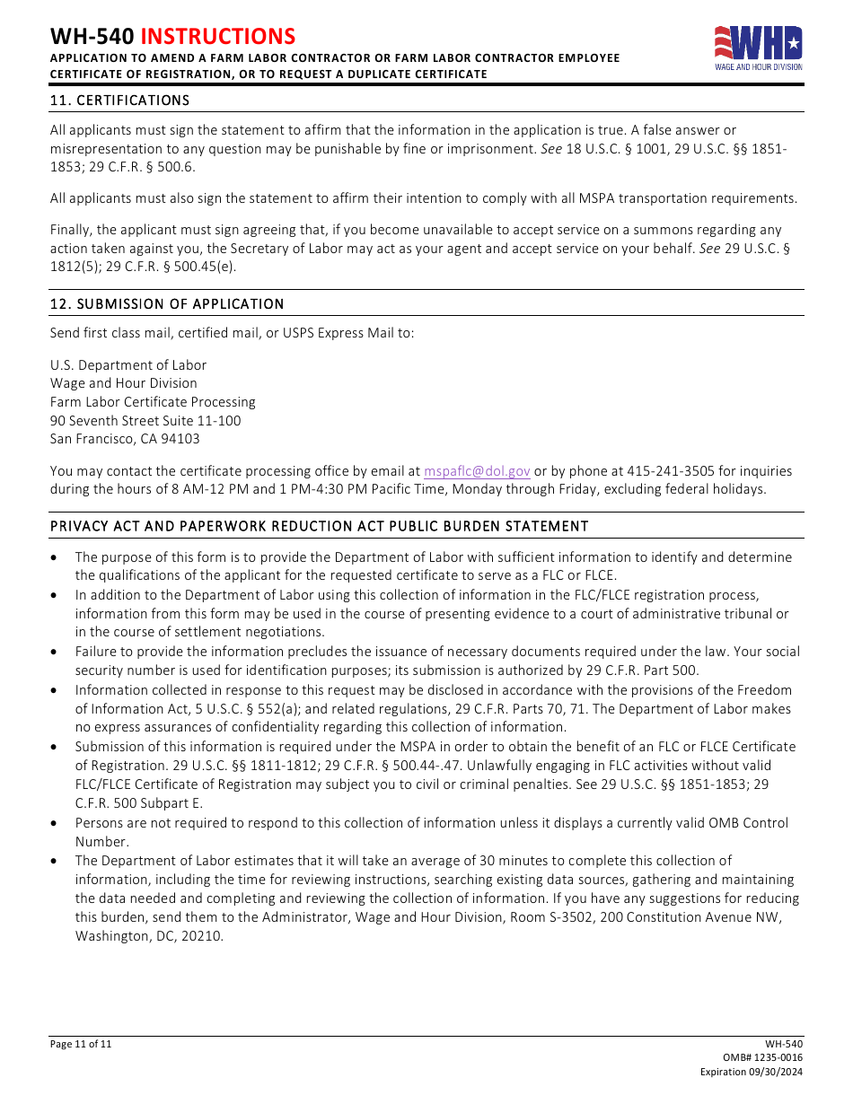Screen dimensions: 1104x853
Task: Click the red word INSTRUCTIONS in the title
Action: pos(218,36)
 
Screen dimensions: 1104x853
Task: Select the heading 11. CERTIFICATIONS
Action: pos(119,101)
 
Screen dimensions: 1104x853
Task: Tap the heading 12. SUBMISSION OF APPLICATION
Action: pos(167,304)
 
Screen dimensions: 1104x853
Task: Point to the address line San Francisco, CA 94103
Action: pos(125,439)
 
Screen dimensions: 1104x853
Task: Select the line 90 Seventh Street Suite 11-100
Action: pos(145,421)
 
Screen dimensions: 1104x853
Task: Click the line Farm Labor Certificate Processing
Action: pos(153,402)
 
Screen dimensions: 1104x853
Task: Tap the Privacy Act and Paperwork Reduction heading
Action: pos(319,526)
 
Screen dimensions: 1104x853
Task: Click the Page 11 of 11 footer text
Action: pos(81,1044)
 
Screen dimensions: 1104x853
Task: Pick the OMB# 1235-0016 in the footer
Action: pos(762,1058)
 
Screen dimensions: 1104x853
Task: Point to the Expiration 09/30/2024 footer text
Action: pos(752,1073)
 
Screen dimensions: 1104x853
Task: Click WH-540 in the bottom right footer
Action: pos(784,1044)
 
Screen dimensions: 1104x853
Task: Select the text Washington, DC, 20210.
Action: pos(149,936)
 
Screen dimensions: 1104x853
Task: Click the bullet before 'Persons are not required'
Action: pos(56,823)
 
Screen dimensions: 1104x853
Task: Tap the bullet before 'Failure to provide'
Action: pos(56,653)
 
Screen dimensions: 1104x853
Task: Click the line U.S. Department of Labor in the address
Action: pos(128,365)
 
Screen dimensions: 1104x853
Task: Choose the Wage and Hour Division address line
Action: pos(124,383)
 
